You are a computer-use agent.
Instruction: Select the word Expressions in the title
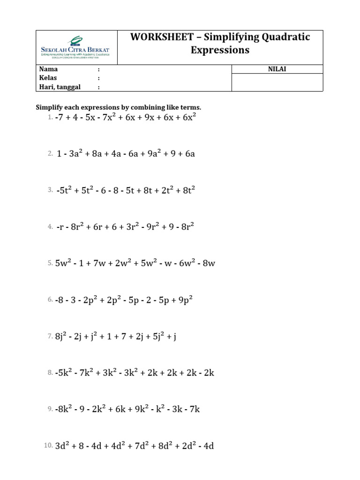pos(220,50)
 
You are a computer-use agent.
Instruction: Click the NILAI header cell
pos(277,69)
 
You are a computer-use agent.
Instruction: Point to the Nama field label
pos(48,69)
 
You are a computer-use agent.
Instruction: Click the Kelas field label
pos(48,78)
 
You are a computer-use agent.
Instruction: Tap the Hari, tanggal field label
pos(60,87)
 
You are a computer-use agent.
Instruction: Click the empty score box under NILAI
pos(277,82)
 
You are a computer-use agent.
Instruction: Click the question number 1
pos(50,117)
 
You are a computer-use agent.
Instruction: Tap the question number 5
pos(50,263)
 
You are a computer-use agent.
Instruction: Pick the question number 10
pos(49,446)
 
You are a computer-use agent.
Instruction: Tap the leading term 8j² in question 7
pos(61,336)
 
